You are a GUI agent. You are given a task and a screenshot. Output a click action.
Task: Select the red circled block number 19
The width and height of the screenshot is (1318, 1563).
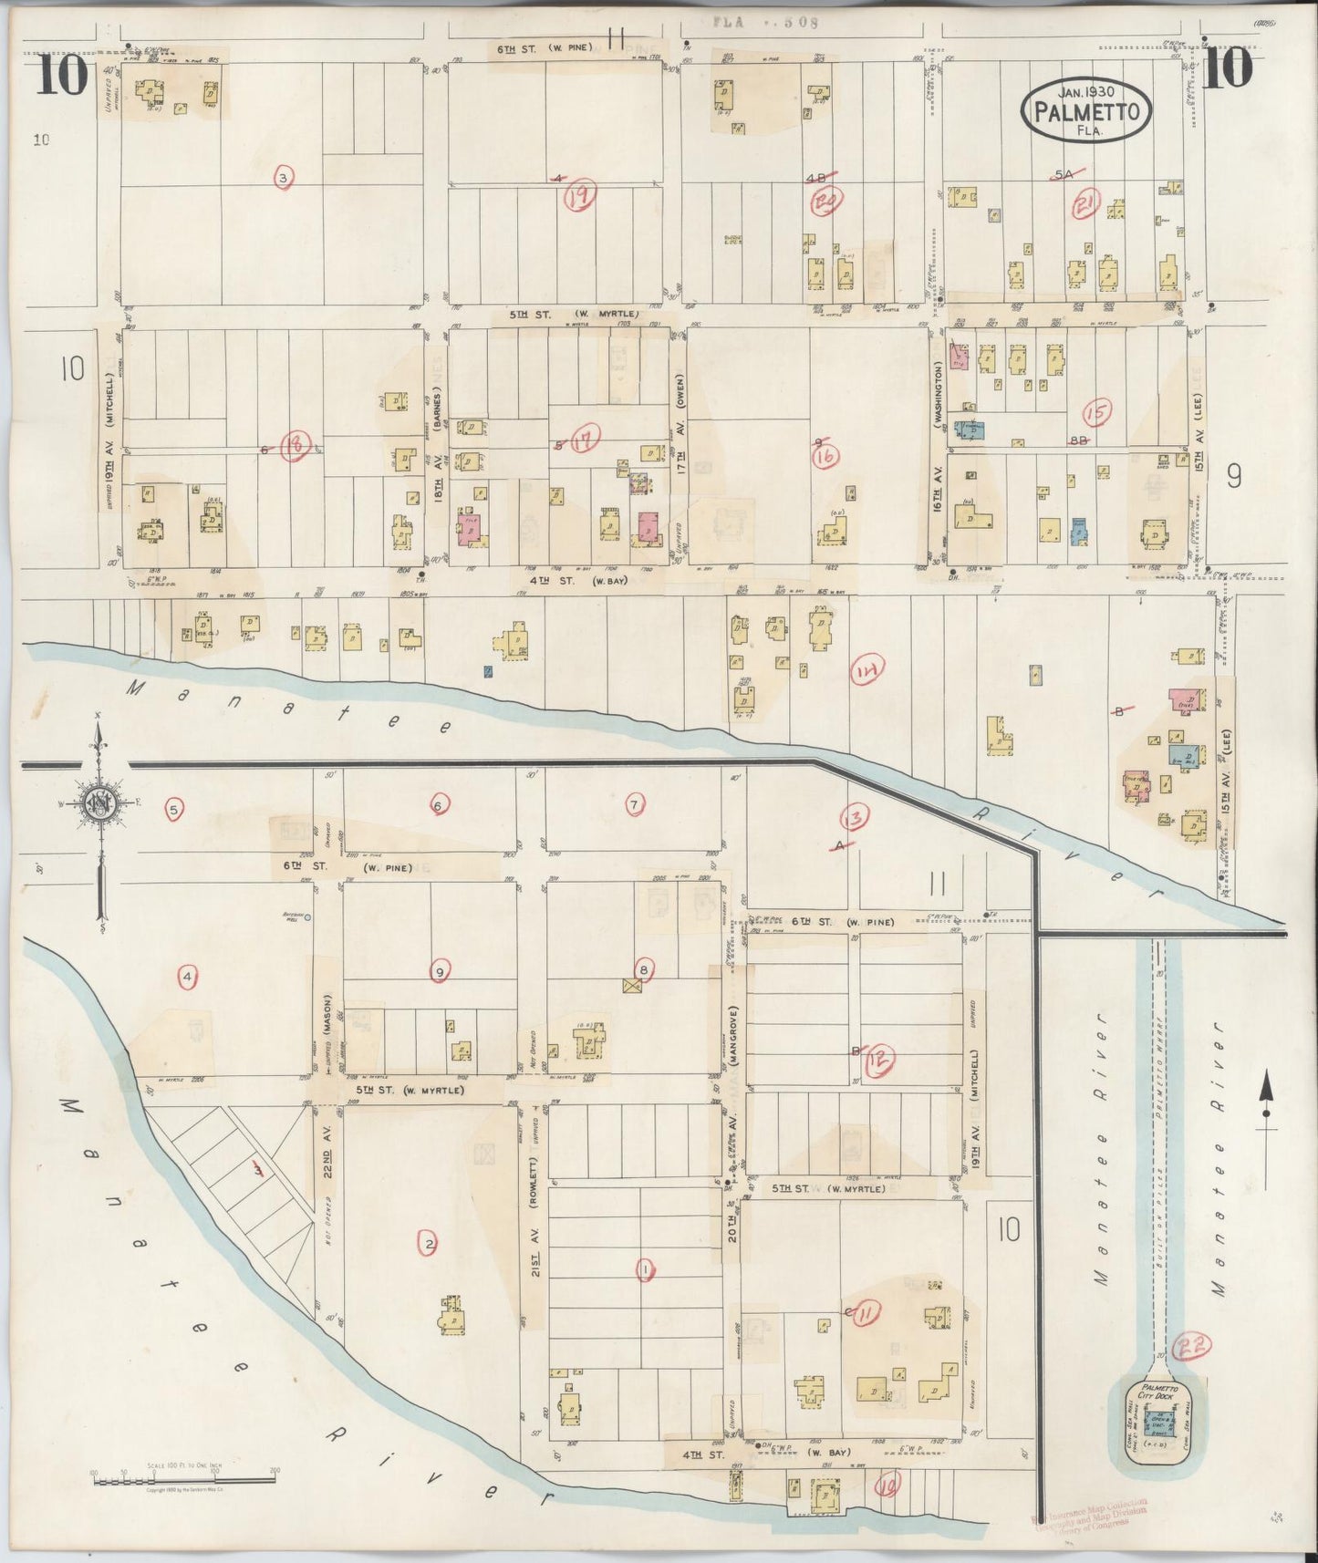(x=579, y=195)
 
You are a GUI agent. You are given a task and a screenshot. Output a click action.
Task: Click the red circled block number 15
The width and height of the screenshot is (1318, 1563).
(x=1098, y=414)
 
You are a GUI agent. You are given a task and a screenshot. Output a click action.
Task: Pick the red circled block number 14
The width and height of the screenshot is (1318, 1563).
(x=867, y=672)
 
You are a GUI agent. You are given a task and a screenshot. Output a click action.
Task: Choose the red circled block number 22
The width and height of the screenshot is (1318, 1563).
(x=1190, y=1348)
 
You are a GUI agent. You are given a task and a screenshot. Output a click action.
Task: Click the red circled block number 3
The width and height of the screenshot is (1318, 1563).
(x=284, y=179)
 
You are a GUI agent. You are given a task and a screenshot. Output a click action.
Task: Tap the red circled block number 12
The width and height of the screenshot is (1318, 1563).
(x=879, y=1059)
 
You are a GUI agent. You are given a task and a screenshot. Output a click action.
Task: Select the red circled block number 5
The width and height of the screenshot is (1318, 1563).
(x=174, y=808)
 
